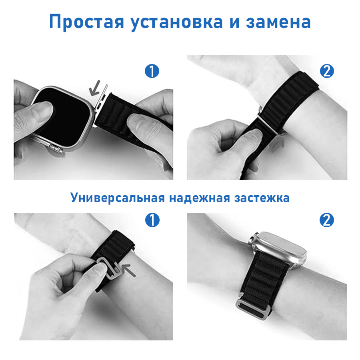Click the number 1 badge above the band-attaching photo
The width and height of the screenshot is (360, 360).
click(x=152, y=71)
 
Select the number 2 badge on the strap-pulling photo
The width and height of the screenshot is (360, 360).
click(x=326, y=71)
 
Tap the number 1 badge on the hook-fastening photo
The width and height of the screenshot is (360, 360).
click(x=152, y=220)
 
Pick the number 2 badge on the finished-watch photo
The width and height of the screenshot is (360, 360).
click(x=326, y=220)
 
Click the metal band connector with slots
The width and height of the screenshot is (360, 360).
click(x=102, y=104)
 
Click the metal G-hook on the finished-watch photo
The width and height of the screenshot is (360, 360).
click(x=250, y=308)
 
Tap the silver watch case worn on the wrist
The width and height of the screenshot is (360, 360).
click(x=280, y=246)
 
